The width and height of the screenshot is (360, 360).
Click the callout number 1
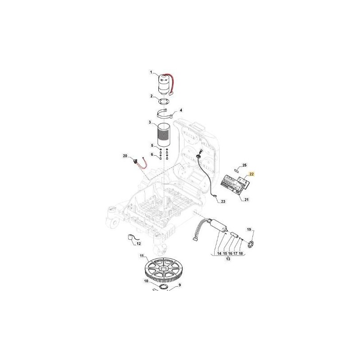click(151, 72)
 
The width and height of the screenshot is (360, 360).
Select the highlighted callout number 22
click(252, 174)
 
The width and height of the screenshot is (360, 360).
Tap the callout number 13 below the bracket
click(228, 259)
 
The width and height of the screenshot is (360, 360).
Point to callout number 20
click(125, 156)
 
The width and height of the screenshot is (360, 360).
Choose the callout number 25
click(244, 165)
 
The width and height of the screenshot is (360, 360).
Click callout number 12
click(139, 243)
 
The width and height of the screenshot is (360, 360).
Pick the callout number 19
click(249, 229)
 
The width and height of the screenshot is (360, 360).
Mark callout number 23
click(223, 202)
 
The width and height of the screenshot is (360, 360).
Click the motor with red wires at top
click(165, 85)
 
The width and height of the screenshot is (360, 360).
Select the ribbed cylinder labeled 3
click(164, 135)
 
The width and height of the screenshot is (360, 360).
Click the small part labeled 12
click(131, 238)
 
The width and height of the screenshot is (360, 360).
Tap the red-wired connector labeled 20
click(138, 162)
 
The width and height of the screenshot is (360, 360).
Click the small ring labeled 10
click(164, 286)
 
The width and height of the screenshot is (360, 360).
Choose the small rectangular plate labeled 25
click(236, 171)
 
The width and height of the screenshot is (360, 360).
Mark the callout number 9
click(180, 285)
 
